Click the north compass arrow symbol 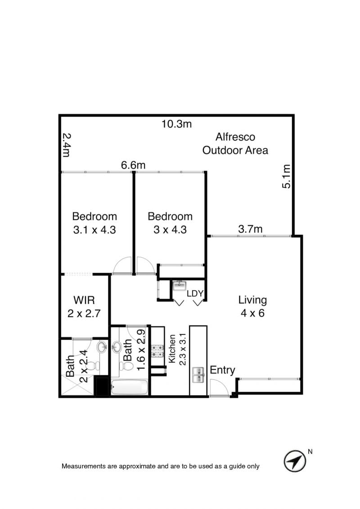pos(295,461)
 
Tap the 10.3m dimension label pos(176,124)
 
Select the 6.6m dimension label pos(133,165)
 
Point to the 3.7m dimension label pos(250,229)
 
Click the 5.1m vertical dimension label pos(286,176)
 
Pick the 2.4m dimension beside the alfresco pos(66,145)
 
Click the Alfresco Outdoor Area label pos(235,144)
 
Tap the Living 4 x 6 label pos(252,306)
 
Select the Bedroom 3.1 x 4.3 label pos(94,223)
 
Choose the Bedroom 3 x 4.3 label pos(170,223)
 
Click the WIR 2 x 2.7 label pos(84,306)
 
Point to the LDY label pos(195,293)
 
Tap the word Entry pos(222,370)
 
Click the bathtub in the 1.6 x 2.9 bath pos(130,387)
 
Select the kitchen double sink pos(198,375)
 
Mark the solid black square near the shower pos(101,386)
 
